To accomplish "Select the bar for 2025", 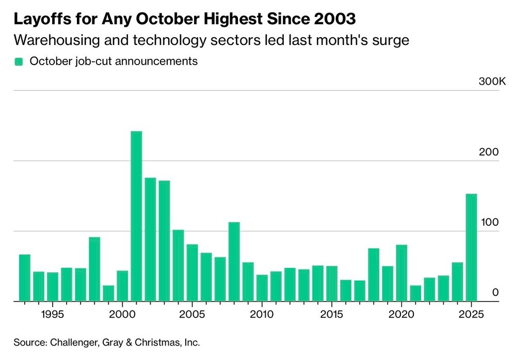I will [x=472, y=247].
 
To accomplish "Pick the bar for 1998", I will [x=94, y=269].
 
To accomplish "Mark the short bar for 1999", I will [x=108, y=293].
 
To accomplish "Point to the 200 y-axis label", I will [x=490, y=152].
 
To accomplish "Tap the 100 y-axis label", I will [x=490, y=223].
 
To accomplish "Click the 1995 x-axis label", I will [x=52, y=315].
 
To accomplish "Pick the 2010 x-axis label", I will [x=262, y=315].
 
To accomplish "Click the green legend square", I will [x=19, y=61].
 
